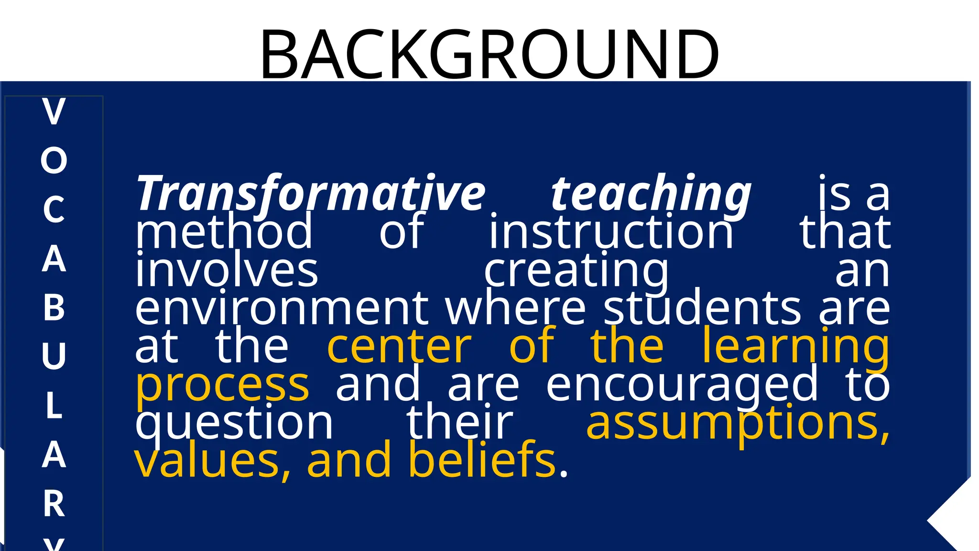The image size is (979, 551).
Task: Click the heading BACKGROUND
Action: [489, 54]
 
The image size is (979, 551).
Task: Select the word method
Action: [224, 231]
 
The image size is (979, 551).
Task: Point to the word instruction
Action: [611, 231]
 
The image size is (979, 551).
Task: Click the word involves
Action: [227, 270]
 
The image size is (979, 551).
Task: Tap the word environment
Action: [282, 309]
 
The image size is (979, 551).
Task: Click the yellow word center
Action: [399, 347]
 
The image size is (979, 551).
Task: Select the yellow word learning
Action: [795, 347]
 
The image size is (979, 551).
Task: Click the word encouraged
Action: [682, 386]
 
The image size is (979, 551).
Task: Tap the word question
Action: [234, 424]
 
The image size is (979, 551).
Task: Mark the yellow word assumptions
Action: [738, 423]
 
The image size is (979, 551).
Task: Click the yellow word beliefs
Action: [483, 460]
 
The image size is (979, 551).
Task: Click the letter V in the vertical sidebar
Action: [54, 112]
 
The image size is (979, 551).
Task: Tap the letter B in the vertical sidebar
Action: [54, 307]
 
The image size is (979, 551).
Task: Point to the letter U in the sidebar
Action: [54, 356]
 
